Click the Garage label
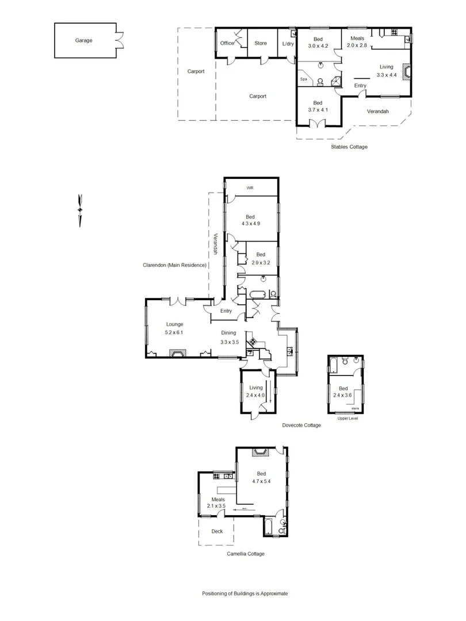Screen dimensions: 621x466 [83, 41]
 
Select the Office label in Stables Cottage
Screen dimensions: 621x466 [227, 43]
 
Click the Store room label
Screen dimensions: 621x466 [261, 43]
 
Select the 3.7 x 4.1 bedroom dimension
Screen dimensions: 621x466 [317, 110]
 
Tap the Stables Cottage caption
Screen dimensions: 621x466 [349, 147]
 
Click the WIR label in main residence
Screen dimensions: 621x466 [250, 188]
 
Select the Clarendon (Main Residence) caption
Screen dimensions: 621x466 [175, 265]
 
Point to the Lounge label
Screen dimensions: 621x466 [175, 324]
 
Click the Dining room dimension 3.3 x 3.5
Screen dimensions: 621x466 [229, 342]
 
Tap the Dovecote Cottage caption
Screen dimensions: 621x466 [301, 425]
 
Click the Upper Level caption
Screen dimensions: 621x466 [346, 418]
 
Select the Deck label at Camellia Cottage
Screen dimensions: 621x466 [216, 531]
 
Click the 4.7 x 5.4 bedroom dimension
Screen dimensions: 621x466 [261, 481]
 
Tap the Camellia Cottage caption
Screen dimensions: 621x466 [245, 554]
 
